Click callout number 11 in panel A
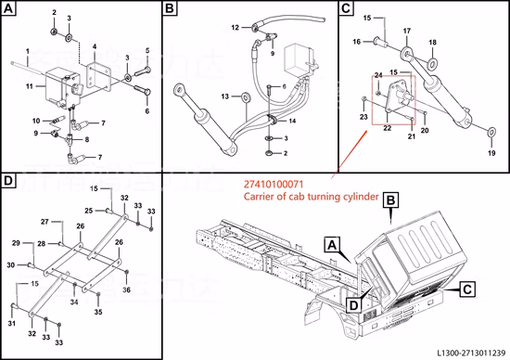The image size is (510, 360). pos(30,86)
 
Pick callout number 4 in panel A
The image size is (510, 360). pos(95,45)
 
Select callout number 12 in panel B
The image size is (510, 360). pos(235,27)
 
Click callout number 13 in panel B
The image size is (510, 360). pos(225,96)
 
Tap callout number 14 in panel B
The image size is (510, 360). pos(292,122)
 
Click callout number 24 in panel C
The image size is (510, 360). pos(377,74)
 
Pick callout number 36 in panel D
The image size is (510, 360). pos(127,290)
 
